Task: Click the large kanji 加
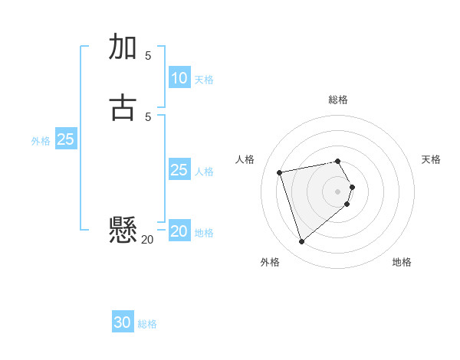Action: point(123,47)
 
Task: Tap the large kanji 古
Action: point(123,108)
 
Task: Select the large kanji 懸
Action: point(123,229)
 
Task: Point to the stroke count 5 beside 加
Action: point(148,55)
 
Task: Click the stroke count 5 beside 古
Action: point(148,116)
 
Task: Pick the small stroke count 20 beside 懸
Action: point(147,239)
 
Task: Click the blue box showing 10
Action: point(179,78)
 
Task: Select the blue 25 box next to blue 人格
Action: point(179,170)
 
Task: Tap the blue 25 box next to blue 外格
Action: point(66,139)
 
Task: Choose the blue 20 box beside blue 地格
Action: point(179,231)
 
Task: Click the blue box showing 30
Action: point(123,322)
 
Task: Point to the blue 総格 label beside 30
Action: point(147,324)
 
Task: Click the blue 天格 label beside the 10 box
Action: point(204,80)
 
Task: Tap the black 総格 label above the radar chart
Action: point(338,100)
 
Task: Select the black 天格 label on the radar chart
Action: point(431,159)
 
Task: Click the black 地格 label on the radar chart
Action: point(402,262)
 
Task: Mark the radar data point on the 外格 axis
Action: point(301,242)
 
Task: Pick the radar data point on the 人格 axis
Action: point(280,172)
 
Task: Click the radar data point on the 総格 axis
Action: point(338,161)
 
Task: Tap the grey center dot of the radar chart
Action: point(338,191)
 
